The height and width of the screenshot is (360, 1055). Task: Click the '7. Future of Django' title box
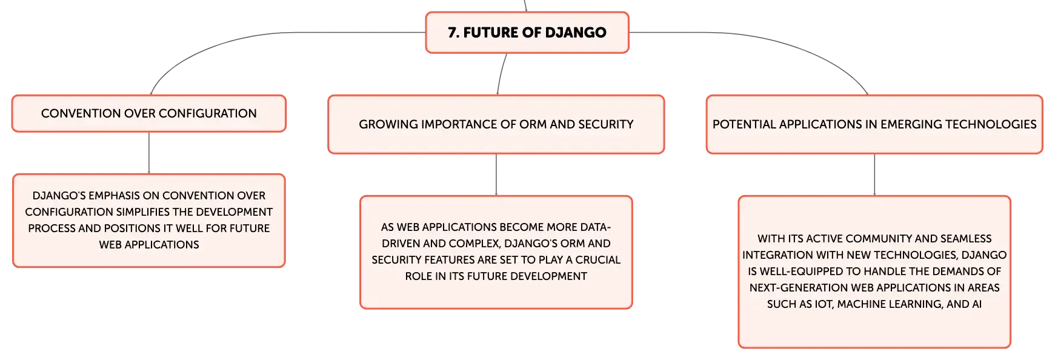527,33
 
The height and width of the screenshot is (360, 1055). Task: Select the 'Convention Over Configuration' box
149,113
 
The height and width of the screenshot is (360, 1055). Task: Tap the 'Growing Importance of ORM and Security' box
496,124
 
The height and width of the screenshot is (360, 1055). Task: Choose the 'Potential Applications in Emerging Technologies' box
874,124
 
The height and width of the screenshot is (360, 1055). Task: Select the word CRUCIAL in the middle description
598,260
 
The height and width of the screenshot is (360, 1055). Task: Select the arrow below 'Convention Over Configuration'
149,153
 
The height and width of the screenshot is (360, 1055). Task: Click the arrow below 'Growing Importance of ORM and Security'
496,175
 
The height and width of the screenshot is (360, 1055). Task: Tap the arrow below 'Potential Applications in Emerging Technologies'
874,175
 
